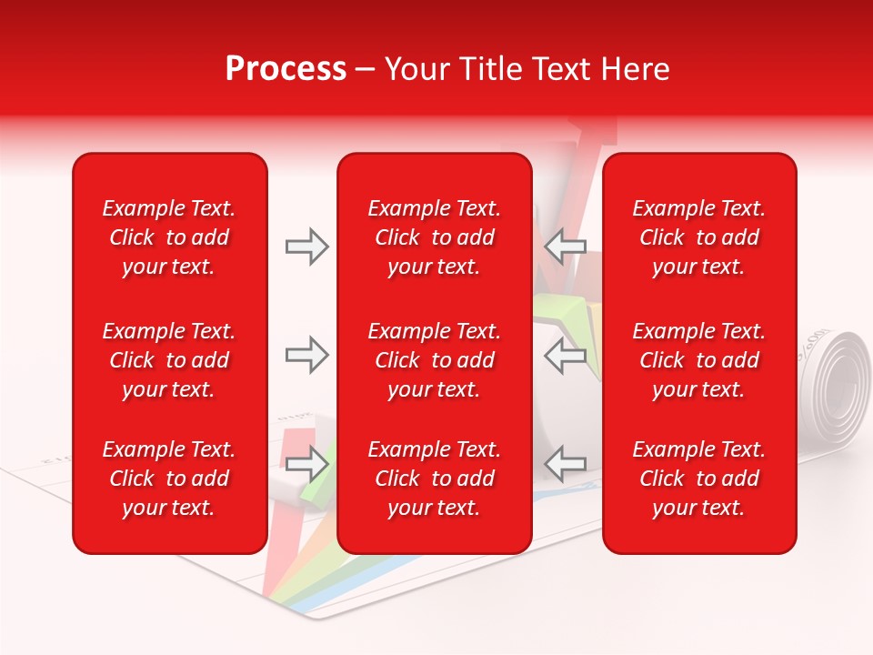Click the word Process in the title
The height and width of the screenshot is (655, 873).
[x=286, y=69]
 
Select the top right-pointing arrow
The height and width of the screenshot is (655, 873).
[x=306, y=247]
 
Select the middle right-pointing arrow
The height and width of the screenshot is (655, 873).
[x=306, y=355]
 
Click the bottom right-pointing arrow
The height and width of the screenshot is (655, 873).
[x=306, y=464]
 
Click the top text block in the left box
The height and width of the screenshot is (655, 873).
[x=169, y=237]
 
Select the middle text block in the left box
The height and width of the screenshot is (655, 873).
[x=169, y=360]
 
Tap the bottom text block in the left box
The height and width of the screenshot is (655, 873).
[x=169, y=479]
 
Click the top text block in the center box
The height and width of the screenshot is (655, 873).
[x=434, y=237]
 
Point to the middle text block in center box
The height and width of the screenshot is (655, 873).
[x=434, y=360]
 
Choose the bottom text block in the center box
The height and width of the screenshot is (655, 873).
[x=434, y=479]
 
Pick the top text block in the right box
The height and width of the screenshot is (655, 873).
[x=698, y=237]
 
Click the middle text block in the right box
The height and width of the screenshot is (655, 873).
[x=698, y=360]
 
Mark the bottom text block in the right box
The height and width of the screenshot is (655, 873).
[x=698, y=479]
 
